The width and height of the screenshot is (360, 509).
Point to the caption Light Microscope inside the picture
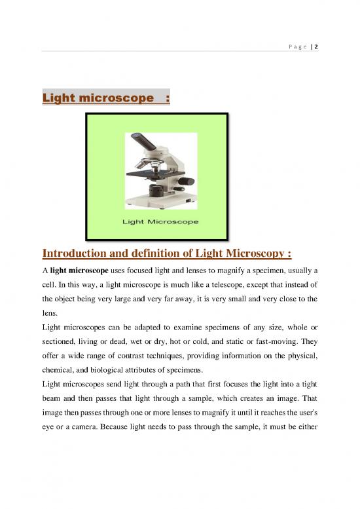click(161, 223)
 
